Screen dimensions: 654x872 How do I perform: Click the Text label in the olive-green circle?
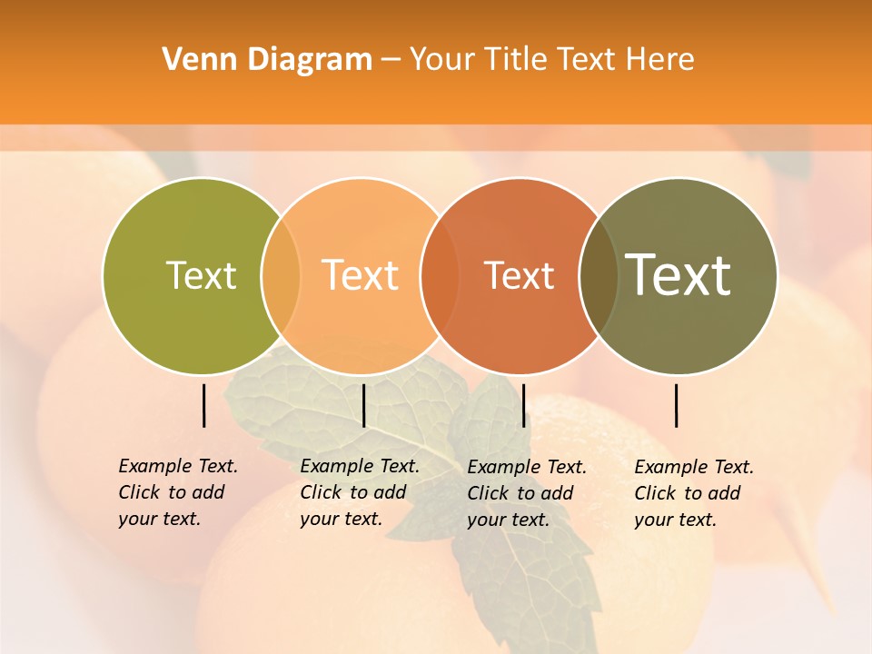point(201,275)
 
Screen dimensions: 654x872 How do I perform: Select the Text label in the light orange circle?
point(360,275)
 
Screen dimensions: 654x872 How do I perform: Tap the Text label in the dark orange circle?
point(519,275)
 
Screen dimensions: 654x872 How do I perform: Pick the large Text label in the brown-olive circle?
point(679,274)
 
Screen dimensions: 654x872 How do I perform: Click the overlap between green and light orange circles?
point(281,275)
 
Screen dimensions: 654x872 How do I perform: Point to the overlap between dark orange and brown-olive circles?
point(599,275)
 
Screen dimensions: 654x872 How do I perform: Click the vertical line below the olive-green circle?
point(203,405)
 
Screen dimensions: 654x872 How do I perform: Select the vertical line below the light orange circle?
point(363,405)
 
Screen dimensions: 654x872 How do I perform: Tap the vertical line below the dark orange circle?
point(523,405)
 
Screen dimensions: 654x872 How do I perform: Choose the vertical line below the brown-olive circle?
point(676,405)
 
